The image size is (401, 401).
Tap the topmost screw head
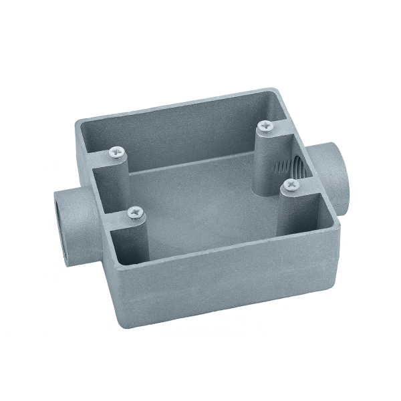265,124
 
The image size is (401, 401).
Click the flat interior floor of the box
200,200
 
